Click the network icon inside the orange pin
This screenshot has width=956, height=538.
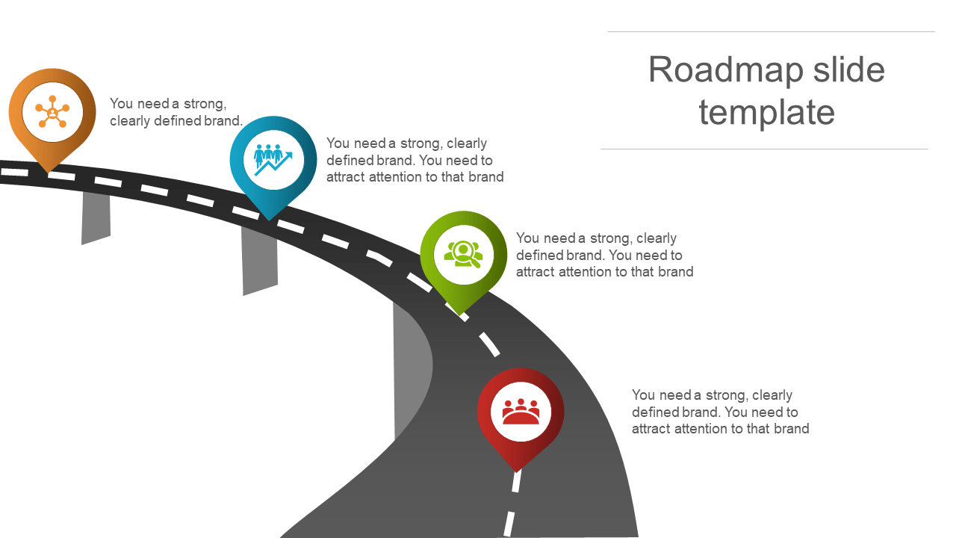52,113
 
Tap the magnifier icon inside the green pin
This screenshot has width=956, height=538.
463,254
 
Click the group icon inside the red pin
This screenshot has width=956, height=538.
521,412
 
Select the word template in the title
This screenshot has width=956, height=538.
766,113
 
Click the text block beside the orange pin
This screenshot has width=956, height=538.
176,112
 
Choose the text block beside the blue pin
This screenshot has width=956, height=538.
415,160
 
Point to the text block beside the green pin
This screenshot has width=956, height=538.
604,255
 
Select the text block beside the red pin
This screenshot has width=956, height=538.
720,412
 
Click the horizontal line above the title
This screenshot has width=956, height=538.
771,32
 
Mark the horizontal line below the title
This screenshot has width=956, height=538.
764,149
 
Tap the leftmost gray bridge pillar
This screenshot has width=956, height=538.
96,217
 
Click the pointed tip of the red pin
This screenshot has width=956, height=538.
517,469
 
